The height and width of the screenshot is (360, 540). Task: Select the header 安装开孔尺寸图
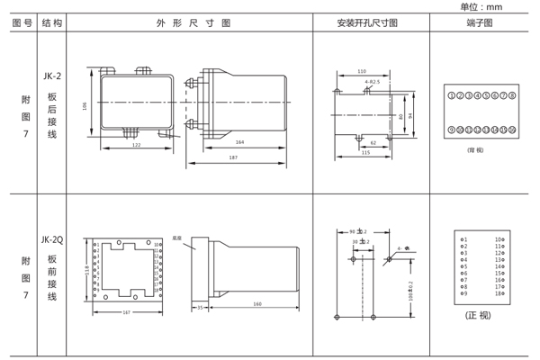tap(366, 22)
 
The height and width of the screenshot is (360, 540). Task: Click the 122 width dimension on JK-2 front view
tap(136, 145)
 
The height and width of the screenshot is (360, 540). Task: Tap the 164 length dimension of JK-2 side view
tap(239, 141)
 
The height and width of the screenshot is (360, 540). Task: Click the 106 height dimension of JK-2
tap(85, 105)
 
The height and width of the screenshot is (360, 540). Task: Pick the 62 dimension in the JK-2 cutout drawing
tap(373, 142)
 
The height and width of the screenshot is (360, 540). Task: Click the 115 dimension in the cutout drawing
tap(364, 152)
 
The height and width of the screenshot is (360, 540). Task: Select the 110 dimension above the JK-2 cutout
tap(362, 71)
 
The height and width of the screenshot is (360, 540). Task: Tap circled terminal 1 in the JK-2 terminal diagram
tap(452, 95)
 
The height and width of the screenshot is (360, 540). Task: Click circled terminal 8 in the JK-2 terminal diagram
tap(512, 95)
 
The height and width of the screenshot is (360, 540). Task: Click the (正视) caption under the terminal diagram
tap(478, 316)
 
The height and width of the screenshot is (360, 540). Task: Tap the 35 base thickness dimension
tap(200, 306)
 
